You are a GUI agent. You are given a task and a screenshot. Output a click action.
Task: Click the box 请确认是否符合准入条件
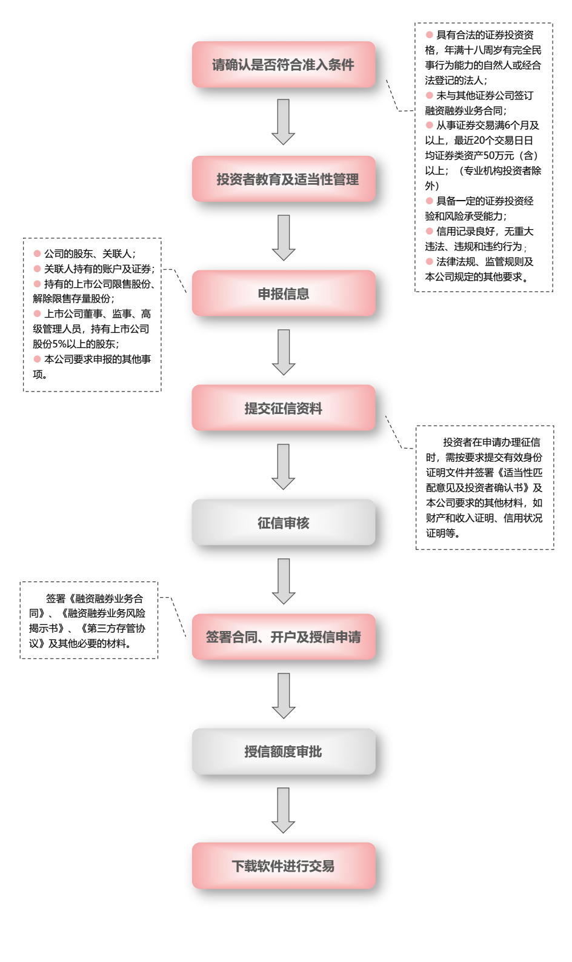coord(284,65)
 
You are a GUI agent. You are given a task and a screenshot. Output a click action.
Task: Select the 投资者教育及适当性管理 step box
coord(284,179)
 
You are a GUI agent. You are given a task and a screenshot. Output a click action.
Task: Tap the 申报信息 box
coord(284,294)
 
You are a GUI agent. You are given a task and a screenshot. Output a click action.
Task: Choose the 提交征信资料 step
coord(284,409)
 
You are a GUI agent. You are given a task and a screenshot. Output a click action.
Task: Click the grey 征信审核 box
coord(284,523)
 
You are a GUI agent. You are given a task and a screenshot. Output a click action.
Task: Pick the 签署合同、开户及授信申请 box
coord(284,637)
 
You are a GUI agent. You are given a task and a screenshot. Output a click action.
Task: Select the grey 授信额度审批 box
coord(284,752)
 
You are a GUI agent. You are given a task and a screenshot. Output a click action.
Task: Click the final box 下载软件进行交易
coord(284,866)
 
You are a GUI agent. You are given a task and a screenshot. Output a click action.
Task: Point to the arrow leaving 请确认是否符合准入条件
coord(284,121)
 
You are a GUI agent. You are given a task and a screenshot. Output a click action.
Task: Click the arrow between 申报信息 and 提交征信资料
coord(284,352)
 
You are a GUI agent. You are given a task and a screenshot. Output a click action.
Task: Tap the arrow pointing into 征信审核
coord(284,466)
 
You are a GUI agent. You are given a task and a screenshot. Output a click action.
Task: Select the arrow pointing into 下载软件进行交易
coord(284,810)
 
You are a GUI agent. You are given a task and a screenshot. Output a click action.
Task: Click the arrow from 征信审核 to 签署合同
coord(284,581)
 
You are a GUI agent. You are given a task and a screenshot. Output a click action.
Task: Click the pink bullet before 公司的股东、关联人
coord(37,253)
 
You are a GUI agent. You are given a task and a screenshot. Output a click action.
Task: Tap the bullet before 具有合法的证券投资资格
coord(429,35)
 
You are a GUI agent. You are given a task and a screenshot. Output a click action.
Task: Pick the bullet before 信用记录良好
coord(429,231)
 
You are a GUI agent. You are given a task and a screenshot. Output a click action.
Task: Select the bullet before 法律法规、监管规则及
coord(429,261)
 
